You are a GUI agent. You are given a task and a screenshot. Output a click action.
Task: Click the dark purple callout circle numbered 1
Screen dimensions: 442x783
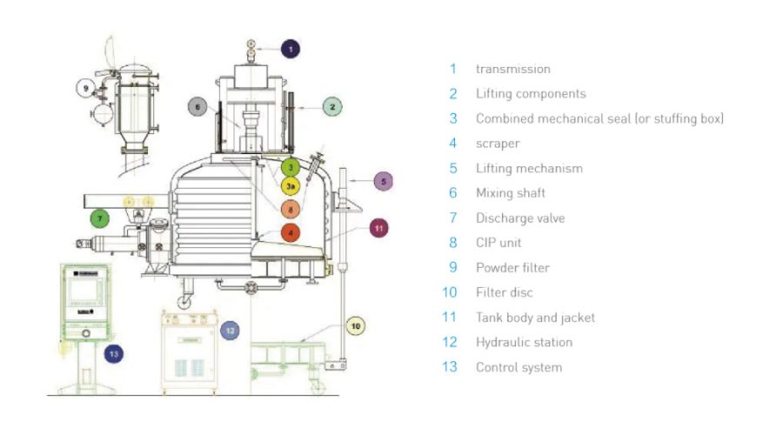pos(291,49)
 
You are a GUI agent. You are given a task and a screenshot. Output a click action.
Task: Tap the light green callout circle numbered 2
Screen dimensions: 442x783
pos(331,106)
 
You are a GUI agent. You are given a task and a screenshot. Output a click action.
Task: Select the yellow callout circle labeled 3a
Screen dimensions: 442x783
pos(291,185)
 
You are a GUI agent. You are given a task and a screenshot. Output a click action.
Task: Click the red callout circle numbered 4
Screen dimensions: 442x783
pos(291,232)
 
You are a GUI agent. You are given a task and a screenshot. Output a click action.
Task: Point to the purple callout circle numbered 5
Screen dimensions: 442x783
pos(384,181)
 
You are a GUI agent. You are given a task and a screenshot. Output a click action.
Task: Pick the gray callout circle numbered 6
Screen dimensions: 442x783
pos(198,107)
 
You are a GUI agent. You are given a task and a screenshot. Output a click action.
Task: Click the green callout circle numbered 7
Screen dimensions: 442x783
pos(100,218)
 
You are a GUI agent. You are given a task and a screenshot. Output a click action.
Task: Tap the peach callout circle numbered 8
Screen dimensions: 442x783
pos(291,209)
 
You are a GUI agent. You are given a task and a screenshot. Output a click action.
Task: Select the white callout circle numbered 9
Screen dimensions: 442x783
pos(85,88)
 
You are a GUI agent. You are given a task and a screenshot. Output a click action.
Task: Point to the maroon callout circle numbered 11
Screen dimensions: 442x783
pos(378,228)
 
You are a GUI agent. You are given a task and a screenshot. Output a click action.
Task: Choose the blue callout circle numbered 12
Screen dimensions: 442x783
pos(229,331)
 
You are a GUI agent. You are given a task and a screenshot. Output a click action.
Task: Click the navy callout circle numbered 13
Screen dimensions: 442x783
pos(113,353)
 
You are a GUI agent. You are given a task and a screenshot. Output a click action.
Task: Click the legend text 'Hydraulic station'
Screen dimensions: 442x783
pos(524,342)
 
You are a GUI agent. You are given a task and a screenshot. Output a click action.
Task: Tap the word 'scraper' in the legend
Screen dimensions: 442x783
pos(498,144)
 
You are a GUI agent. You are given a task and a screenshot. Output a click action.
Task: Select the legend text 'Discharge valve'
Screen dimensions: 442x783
pos(519,218)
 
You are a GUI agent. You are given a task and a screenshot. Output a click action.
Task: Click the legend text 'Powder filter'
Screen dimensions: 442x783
pos(512,268)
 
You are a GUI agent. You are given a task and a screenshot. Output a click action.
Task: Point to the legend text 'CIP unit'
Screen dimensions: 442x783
pos(499,243)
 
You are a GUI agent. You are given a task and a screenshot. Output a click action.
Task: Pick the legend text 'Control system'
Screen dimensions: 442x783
pos(519,367)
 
